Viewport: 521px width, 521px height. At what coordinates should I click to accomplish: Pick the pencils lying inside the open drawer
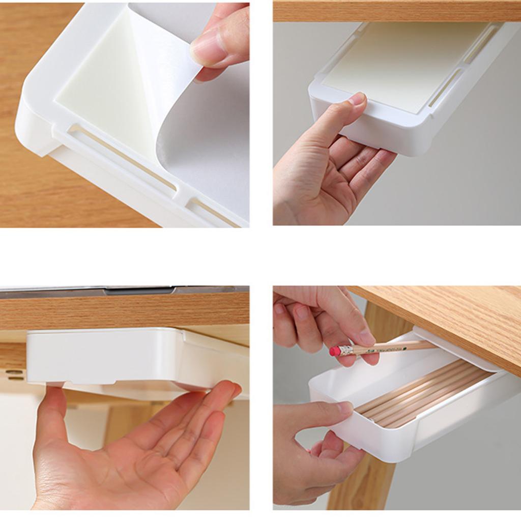click(422, 392)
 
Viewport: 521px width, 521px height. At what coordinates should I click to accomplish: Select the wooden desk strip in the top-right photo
click(397, 11)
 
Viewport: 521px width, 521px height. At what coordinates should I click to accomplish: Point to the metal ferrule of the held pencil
click(348, 350)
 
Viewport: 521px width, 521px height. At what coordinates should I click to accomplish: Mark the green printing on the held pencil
click(392, 349)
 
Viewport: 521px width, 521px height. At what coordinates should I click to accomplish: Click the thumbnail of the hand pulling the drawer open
click(346, 407)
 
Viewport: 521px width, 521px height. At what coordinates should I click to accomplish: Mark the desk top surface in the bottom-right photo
click(448, 315)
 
